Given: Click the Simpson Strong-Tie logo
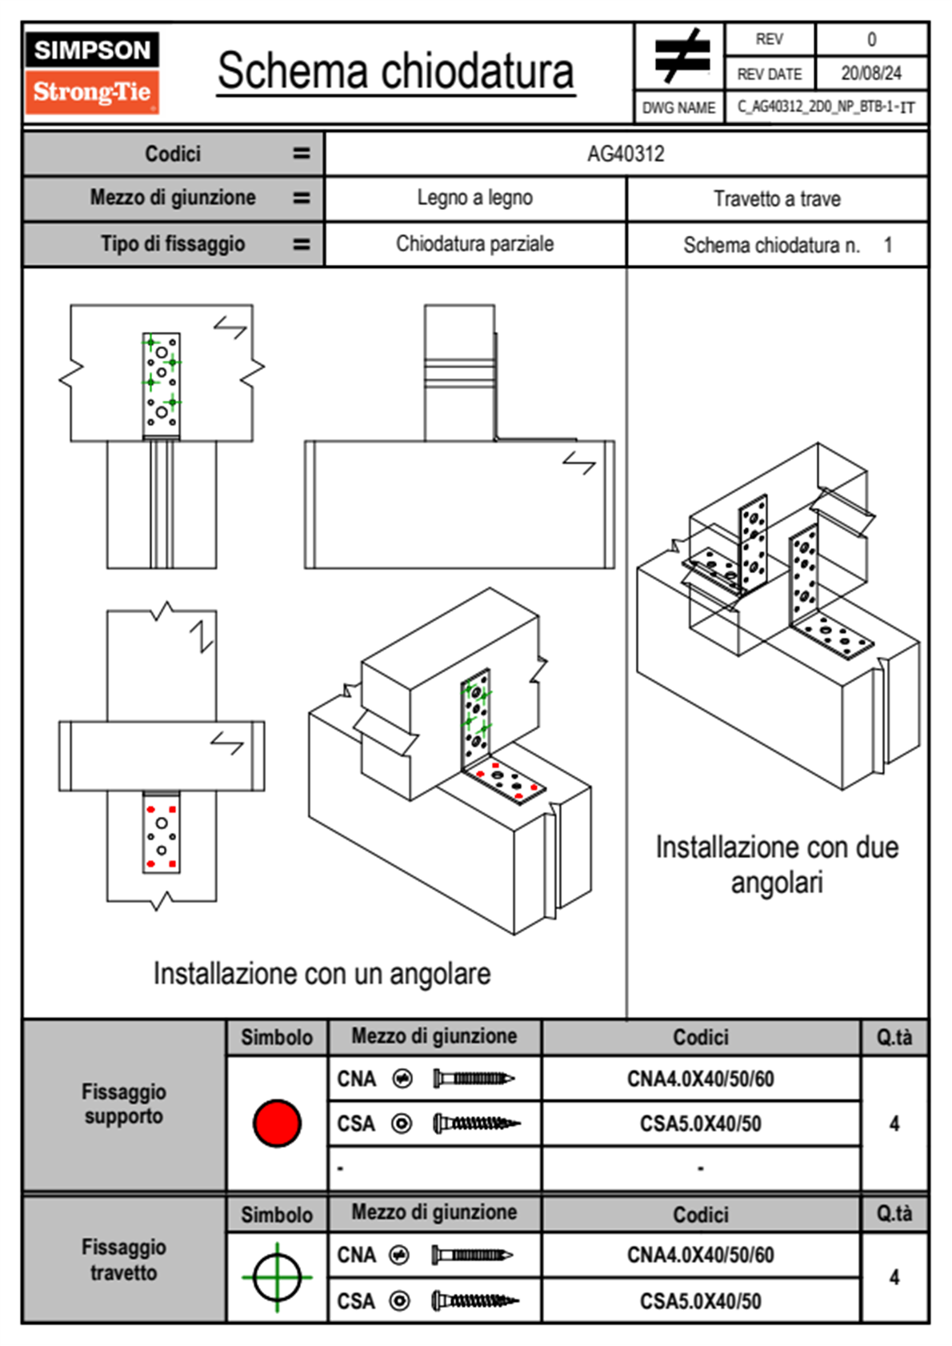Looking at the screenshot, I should tap(92, 73).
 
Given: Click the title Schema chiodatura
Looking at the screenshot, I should tap(396, 71).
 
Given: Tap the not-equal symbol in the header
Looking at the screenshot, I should tap(682, 56).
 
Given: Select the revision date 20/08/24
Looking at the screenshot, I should tap(871, 74).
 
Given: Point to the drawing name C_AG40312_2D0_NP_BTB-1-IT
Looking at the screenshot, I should tap(826, 106).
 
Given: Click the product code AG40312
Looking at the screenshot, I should tap(626, 154).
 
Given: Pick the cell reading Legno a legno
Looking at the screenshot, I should tap(474, 198).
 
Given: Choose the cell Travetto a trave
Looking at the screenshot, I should tap(777, 198).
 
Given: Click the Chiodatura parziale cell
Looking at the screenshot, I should tap(474, 244).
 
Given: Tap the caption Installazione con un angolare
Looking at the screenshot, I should tap(322, 974).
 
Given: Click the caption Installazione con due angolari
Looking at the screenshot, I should tap(777, 864).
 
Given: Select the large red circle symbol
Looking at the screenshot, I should tap(277, 1123).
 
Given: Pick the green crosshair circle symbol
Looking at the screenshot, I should tap(277, 1277).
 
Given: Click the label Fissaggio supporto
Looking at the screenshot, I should tap(124, 1104).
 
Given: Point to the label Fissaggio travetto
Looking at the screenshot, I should tap(124, 1260).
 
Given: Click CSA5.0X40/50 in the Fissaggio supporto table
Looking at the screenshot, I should tap(700, 1124).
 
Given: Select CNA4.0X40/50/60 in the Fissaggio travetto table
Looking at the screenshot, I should tap(700, 1255).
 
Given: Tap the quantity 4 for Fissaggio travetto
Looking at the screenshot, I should tap(894, 1277).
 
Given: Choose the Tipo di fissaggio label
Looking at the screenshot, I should tap(173, 244).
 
